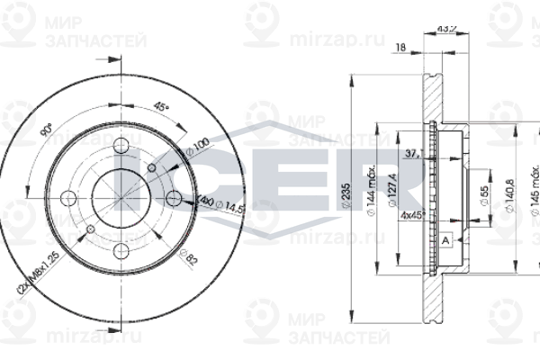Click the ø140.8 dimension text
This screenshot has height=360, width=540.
[508, 191]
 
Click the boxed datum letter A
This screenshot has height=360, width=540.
[445, 239]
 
